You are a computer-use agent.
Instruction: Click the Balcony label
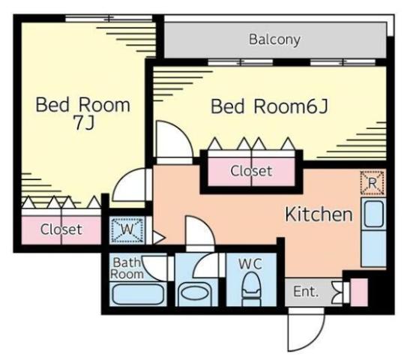[x=274, y=40]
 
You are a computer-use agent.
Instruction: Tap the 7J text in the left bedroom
[x=84, y=122]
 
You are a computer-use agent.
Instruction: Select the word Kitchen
[x=319, y=214]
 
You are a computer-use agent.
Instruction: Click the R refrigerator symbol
[x=373, y=183]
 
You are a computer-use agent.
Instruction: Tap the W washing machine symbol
[x=127, y=229]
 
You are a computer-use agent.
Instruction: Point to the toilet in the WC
[x=252, y=289]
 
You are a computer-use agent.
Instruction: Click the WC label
[x=250, y=263]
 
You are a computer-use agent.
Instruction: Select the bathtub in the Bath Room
[x=138, y=294]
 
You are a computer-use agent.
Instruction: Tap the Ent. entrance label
[x=305, y=291]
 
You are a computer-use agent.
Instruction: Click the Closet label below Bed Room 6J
[x=251, y=171]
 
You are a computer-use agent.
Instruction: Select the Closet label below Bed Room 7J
[x=61, y=229]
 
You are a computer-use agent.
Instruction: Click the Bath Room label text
[x=127, y=268]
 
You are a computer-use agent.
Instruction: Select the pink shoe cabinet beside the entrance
[x=359, y=292]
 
